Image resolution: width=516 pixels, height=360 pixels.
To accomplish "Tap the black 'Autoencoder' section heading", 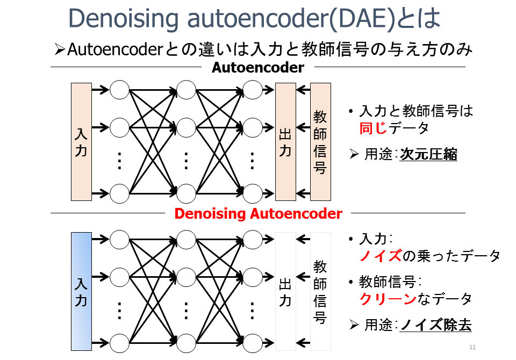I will click(x=257, y=68).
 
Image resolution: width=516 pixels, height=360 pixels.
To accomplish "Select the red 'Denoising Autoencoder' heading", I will click(x=258, y=214).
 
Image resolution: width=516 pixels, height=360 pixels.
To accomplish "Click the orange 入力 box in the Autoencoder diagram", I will click(x=81, y=142).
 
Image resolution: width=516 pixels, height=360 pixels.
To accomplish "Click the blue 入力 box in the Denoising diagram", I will click(x=81, y=291).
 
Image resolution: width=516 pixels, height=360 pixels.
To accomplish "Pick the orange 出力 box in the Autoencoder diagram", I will click(x=285, y=142).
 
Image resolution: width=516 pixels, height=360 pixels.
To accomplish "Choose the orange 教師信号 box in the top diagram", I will click(x=320, y=142).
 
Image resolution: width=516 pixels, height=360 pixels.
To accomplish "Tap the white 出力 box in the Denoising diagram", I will click(x=285, y=291).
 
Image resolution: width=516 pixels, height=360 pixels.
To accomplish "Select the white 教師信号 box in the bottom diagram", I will click(x=320, y=291).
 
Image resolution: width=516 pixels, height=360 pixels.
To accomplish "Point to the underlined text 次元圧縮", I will click(x=428, y=155).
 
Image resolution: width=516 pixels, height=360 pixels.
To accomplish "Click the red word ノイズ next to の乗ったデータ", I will click(x=381, y=256).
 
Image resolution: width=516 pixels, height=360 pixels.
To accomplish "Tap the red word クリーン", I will click(x=388, y=299).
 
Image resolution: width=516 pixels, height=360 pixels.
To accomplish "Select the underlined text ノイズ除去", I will click(x=435, y=326).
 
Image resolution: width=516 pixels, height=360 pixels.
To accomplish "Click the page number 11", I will click(x=472, y=347).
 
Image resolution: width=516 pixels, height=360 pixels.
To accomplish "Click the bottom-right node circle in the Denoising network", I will click(x=252, y=342).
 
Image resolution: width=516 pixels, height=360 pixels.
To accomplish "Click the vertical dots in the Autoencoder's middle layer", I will click(x=186, y=160).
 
